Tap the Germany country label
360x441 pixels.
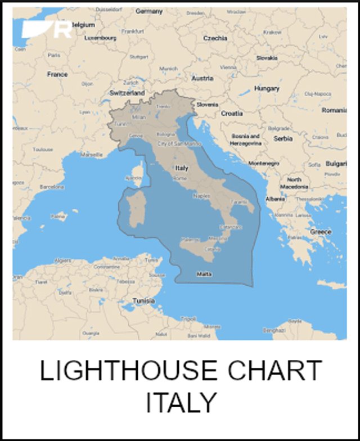(149, 11)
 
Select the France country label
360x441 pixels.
(57, 74)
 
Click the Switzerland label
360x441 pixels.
(127, 92)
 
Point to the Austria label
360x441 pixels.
(202, 78)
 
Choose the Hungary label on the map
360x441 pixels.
(267, 88)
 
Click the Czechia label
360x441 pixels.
(215, 38)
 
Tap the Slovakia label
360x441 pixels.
(267, 58)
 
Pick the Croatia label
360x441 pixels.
(232, 113)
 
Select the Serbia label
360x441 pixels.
(283, 138)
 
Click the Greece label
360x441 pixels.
(321, 232)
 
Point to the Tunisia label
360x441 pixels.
(143, 301)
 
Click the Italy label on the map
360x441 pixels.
(182, 168)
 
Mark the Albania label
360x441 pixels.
(275, 199)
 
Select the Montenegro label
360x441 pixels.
(264, 163)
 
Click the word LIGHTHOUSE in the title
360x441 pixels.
(128, 371)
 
